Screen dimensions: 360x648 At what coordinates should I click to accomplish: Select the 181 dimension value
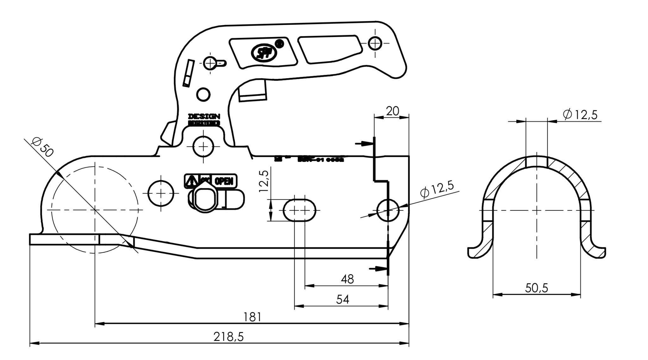252,317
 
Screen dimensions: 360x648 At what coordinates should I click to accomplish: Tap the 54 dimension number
342,299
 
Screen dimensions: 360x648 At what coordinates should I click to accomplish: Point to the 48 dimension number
347,279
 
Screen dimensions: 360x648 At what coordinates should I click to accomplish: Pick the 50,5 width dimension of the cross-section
536,288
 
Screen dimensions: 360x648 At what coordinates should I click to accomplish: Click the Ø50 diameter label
42,147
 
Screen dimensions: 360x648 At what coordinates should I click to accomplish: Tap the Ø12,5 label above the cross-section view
580,115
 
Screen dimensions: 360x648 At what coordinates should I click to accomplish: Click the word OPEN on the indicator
224,181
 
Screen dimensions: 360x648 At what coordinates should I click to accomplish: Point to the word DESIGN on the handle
204,116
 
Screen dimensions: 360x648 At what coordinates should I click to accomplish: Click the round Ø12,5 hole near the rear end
388,210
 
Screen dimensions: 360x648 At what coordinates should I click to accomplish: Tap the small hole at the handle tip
375,43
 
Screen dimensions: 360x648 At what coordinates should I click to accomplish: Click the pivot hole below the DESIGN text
203,146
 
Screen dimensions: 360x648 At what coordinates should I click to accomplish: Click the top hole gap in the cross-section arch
536,161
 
